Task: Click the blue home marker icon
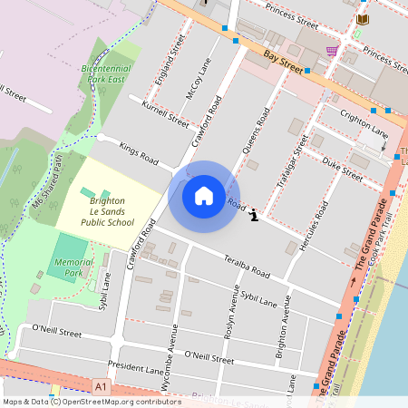203,195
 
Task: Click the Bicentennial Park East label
107,73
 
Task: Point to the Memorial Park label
73,267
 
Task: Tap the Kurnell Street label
165,113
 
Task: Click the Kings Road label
139,151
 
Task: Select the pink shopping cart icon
332,51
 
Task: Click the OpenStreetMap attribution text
92,402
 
